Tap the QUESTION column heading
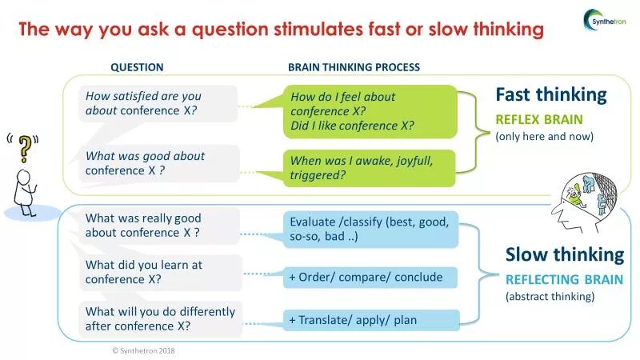click(137, 67)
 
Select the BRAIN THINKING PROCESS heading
click(354, 67)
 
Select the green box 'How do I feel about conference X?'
click(370, 111)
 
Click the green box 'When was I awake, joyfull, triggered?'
click(370, 168)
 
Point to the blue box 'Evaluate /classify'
click(370, 229)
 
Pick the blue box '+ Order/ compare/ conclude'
click(370, 277)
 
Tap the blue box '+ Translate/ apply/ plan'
click(370, 320)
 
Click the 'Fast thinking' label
click(550, 94)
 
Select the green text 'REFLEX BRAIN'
click(538, 119)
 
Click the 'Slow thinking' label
click(564, 254)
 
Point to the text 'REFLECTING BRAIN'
click(554, 279)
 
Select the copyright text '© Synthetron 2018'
click(143, 350)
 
